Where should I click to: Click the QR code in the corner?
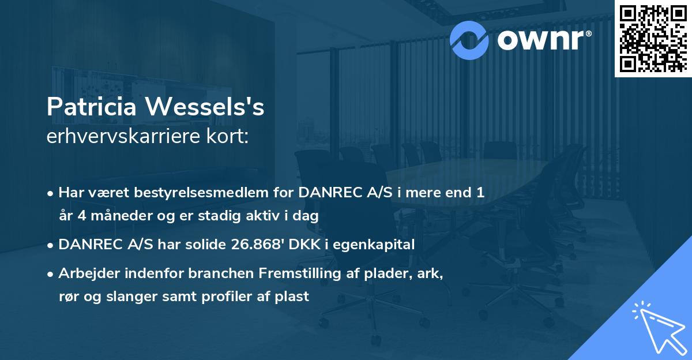coord(653,38)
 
